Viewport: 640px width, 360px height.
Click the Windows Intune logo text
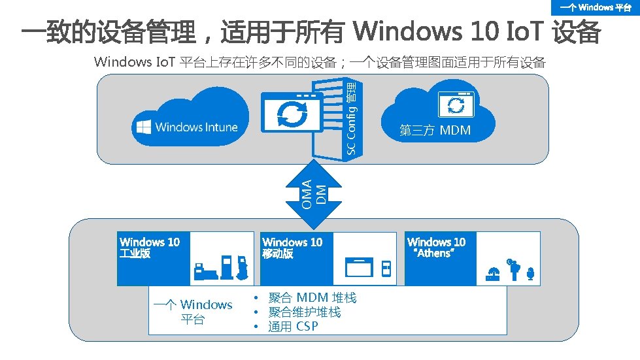[196, 127]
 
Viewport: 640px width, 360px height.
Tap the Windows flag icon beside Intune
[143, 127]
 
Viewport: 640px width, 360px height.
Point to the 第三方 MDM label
[435, 131]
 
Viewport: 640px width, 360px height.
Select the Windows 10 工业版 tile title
[150, 248]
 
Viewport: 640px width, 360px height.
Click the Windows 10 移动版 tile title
[292, 248]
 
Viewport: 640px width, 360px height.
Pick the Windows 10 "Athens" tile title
[436, 248]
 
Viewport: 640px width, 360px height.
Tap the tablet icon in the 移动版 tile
[358, 269]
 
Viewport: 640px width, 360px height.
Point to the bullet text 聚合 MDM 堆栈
[312, 299]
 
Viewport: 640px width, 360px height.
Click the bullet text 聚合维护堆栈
[304, 312]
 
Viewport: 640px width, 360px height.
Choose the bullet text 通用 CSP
[293, 327]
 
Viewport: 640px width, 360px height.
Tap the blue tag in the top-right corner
[595, 8]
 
